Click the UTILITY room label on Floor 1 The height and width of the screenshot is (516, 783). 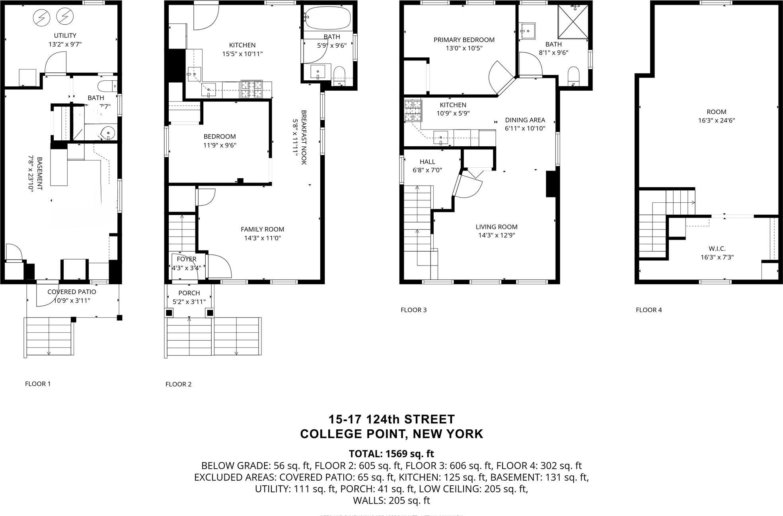click(65, 36)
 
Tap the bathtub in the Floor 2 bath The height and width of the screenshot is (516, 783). click(328, 18)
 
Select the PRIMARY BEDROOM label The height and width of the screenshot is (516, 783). click(464, 40)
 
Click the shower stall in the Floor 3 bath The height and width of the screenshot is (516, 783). click(573, 22)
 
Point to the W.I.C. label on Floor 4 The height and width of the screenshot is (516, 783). click(717, 249)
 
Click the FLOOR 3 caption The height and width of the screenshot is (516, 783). click(413, 310)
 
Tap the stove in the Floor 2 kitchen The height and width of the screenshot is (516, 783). click(251, 89)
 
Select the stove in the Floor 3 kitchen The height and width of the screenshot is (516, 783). click(413, 111)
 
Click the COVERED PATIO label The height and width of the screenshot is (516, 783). click(72, 292)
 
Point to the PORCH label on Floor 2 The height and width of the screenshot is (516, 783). click(189, 293)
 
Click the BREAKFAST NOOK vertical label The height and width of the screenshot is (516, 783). click(304, 137)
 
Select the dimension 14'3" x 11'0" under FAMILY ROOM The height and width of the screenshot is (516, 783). click(263, 238)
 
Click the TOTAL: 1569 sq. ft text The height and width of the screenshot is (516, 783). click(391, 454)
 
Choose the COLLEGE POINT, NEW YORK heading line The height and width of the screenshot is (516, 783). click(391, 434)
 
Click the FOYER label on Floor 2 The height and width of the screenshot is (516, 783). click(187, 259)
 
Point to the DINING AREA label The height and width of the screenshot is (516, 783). click(525, 120)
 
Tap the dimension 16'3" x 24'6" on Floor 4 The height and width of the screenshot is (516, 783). click(716, 120)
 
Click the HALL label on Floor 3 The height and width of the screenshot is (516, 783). click(427, 162)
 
